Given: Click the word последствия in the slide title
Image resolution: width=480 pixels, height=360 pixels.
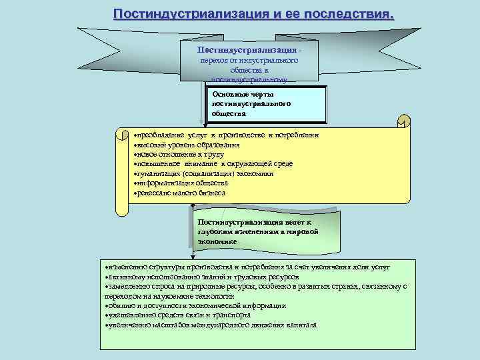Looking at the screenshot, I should coord(349,15).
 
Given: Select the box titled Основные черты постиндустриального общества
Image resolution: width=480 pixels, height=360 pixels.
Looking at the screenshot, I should coord(267,105).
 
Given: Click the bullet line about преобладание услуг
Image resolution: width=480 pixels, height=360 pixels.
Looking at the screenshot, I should coord(227,135).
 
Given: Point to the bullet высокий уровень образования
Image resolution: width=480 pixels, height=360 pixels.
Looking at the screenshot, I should coord(187,145).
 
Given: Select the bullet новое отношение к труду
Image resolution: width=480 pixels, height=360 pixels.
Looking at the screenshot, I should coord(177,154).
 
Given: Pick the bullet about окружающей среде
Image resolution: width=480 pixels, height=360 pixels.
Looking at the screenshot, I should coord(213,163).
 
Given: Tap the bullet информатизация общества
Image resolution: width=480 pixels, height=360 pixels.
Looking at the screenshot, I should coord(181,183).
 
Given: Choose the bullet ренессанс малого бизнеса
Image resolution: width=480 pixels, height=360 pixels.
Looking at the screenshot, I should coord(180,193).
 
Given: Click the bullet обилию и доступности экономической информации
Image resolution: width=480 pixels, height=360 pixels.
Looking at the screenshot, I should coord(196,305).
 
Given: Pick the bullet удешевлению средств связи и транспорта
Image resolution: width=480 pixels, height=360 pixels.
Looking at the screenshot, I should coord(178,315).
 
